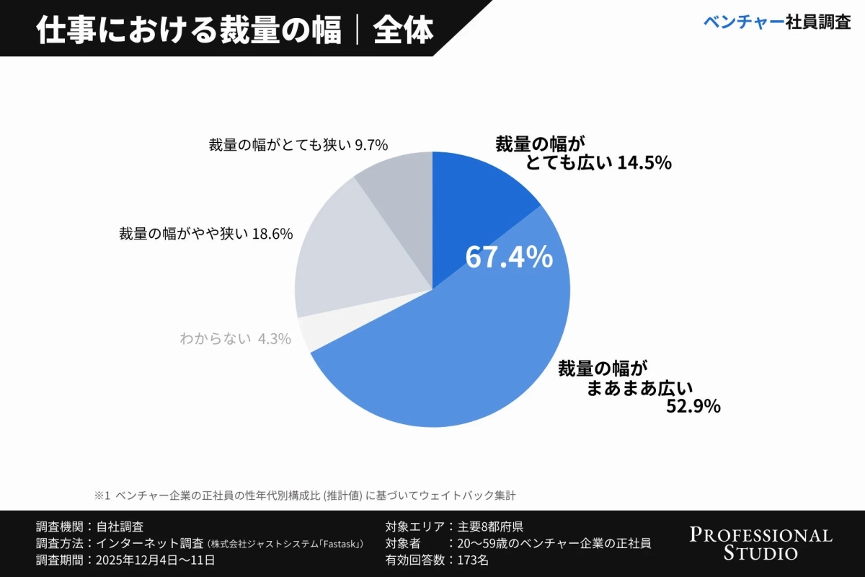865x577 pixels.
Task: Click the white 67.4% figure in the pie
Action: [x=509, y=257]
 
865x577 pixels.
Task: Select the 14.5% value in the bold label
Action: [x=644, y=164]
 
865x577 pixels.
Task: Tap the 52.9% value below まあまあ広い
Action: [x=693, y=407]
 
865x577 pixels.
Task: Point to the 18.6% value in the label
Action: [x=272, y=234]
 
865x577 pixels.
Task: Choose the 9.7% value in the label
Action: [x=371, y=145]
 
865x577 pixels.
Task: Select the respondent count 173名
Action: [x=473, y=560]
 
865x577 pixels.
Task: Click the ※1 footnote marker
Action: [x=101, y=495]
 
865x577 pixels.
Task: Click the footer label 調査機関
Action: [x=59, y=527]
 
